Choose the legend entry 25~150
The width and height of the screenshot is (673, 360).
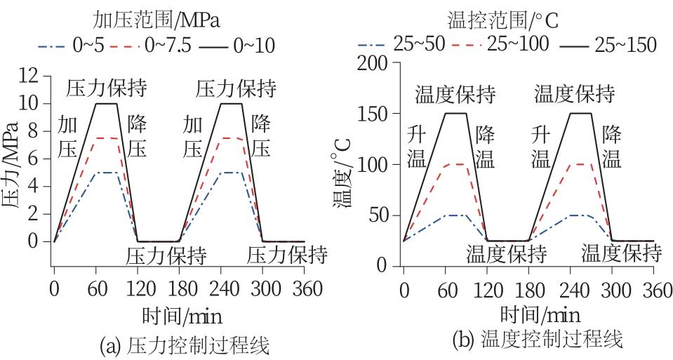625,45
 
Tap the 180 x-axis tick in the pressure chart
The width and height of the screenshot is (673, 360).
179,288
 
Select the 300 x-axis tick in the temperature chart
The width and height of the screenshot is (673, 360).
612,288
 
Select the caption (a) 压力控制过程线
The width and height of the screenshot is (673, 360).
186,345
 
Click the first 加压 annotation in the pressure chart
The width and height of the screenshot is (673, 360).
67,136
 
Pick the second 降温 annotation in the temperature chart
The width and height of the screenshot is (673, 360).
612,145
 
